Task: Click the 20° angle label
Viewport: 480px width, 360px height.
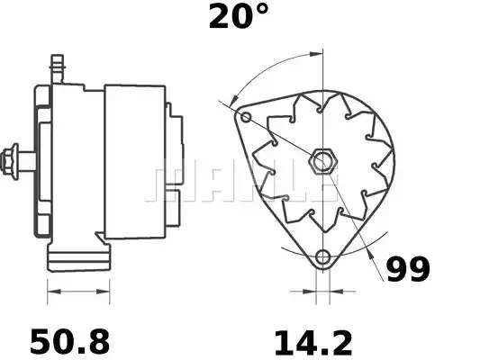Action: [238, 16]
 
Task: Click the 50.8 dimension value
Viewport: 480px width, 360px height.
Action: [70, 341]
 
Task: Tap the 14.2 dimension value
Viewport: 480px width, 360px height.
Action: [313, 343]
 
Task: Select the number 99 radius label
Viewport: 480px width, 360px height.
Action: [408, 269]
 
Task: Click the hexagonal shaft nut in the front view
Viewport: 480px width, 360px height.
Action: [323, 161]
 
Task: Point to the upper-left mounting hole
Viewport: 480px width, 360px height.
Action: [246, 117]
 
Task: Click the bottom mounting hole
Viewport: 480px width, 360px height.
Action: [322, 256]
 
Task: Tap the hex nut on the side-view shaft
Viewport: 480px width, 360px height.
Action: [9, 161]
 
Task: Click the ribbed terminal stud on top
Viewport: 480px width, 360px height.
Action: [58, 68]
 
